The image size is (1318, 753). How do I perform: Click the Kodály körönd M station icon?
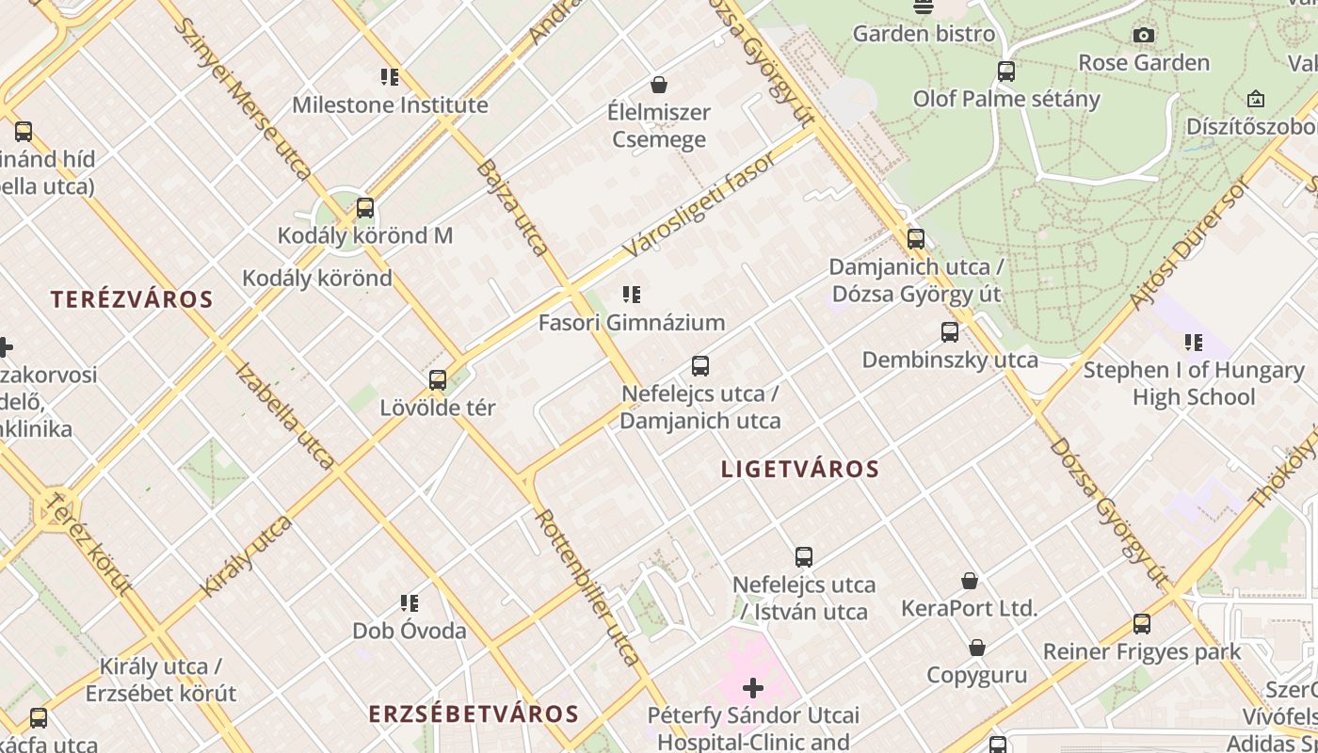[x=365, y=208]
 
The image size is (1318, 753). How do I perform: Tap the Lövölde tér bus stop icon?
[x=438, y=380]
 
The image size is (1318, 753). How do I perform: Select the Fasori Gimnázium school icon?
[x=632, y=295]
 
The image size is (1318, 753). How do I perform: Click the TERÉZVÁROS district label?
[x=132, y=300]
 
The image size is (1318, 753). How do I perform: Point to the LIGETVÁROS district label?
[x=800, y=469]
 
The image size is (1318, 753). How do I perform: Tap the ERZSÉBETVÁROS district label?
[x=473, y=713]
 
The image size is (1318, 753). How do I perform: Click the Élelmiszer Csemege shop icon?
[x=659, y=85]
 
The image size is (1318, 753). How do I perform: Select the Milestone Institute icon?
[x=390, y=77]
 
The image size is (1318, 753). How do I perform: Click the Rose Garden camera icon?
[x=1144, y=36]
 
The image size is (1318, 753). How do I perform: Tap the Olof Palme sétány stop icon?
[x=1006, y=72]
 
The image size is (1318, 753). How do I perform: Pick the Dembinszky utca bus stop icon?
[x=950, y=332]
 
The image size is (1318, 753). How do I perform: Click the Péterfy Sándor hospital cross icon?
[x=753, y=688]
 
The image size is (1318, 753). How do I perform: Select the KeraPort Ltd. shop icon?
[x=970, y=581]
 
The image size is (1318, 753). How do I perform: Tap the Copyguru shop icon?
[x=977, y=648]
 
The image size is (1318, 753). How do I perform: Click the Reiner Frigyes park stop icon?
[x=1142, y=623]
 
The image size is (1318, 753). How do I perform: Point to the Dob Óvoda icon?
[x=410, y=602]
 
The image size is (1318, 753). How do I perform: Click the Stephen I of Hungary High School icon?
[x=1194, y=343]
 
